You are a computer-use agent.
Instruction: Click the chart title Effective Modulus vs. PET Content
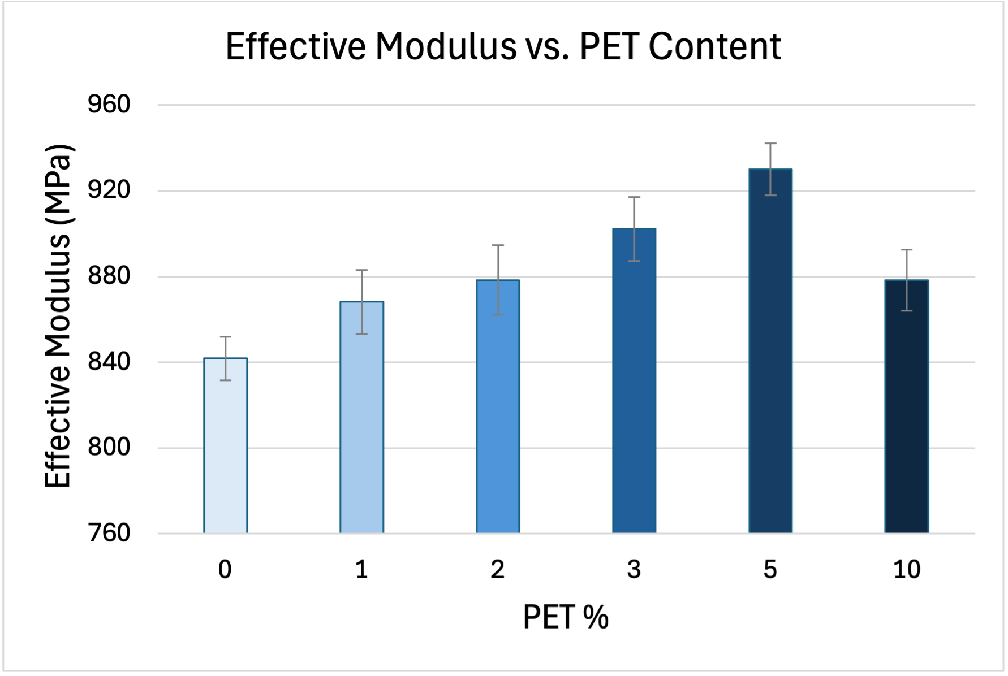point(503,46)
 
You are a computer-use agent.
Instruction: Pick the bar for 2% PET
point(498,406)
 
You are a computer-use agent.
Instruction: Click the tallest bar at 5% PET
point(770,350)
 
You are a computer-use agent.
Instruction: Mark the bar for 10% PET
point(906,406)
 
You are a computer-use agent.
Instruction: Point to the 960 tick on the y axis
point(109,105)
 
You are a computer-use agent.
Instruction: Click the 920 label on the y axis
point(109,190)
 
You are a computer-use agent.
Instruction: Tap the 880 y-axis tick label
point(109,276)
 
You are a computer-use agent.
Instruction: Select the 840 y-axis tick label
point(109,362)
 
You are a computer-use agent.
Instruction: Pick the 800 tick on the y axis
point(109,448)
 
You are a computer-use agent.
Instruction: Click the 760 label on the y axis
point(109,533)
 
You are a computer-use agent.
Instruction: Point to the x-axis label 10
point(906,569)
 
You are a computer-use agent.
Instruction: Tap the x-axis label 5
point(770,569)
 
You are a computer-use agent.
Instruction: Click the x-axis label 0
point(225,569)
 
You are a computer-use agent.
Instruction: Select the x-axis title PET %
point(565,617)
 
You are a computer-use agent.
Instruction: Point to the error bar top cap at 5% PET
point(770,144)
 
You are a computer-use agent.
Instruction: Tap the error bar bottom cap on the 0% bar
point(225,380)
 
